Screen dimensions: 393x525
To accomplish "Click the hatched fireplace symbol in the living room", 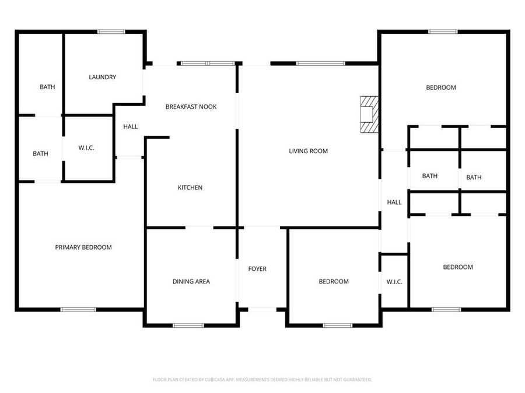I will point(369,115).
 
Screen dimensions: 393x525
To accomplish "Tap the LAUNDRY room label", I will point(102,77).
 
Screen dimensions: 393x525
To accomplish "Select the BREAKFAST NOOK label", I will point(191,107).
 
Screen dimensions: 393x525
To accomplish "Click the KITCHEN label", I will point(190,187).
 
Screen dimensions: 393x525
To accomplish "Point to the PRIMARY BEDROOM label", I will point(83,247).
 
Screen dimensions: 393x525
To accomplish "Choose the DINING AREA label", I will point(191,282).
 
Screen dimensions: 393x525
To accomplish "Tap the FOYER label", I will point(257,269).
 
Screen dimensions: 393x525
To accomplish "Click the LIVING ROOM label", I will point(308,151).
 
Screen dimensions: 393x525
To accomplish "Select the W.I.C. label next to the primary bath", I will point(86,148).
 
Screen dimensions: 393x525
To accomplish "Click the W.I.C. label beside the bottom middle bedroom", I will point(394,282).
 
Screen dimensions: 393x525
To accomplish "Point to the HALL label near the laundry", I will point(131,126).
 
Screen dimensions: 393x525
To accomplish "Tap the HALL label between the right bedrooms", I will point(394,203).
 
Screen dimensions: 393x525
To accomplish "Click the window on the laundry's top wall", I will point(111,31).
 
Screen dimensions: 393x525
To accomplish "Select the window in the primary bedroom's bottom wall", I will point(78,310).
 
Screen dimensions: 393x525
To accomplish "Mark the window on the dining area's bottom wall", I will point(188,325).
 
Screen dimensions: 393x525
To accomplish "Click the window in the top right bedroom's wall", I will point(443,31).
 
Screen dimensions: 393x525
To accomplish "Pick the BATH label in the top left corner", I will point(47,87).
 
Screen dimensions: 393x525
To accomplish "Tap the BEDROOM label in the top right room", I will point(441,87).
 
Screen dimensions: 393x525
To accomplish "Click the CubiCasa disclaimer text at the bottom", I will point(262,380).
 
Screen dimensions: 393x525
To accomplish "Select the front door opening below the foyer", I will point(262,310).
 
